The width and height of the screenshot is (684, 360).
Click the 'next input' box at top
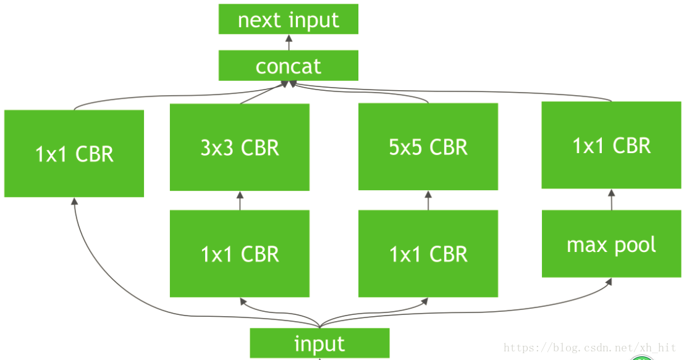pyautogui.click(x=289, y=19)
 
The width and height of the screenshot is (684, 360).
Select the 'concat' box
pyautogui.click(x=289, y=65)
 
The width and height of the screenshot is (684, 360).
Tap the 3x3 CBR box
pyautogui.click(x=240, y=147)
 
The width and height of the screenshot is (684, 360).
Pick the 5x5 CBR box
pyautogui.click(x=428, y=147)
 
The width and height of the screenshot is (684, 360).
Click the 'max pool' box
pyautogui.click(x=612, y=245)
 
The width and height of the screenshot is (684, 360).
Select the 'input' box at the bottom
pyautogui.click(x=319, y=343)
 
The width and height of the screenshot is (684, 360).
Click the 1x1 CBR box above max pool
pyautogui.click(x=612, y=145)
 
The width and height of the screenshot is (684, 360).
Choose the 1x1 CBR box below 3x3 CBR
pyautogui.click(x=240, y=253)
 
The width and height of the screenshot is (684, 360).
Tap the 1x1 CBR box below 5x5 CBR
pyautogui.click(x=428, y=253)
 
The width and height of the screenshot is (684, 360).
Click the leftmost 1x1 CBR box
pyautogui.click(x=74, y=153)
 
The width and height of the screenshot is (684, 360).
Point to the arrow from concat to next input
pyautogui.click(x=289, y=42)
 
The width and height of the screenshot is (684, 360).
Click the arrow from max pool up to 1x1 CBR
pyautogui.click(x=612, y=199)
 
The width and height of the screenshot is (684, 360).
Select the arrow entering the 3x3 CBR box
pyautogui.click(x=240, y=200)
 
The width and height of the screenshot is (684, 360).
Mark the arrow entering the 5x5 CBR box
pyautogui.click(x=428, y=200)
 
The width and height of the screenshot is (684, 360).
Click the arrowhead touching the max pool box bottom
pyautogui.click(x=610, y=282)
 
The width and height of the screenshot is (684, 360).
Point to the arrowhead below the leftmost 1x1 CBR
pyautogui.click(x=74, y=202)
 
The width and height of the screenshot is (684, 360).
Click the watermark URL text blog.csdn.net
pyautogui.click(x=590, y=348)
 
